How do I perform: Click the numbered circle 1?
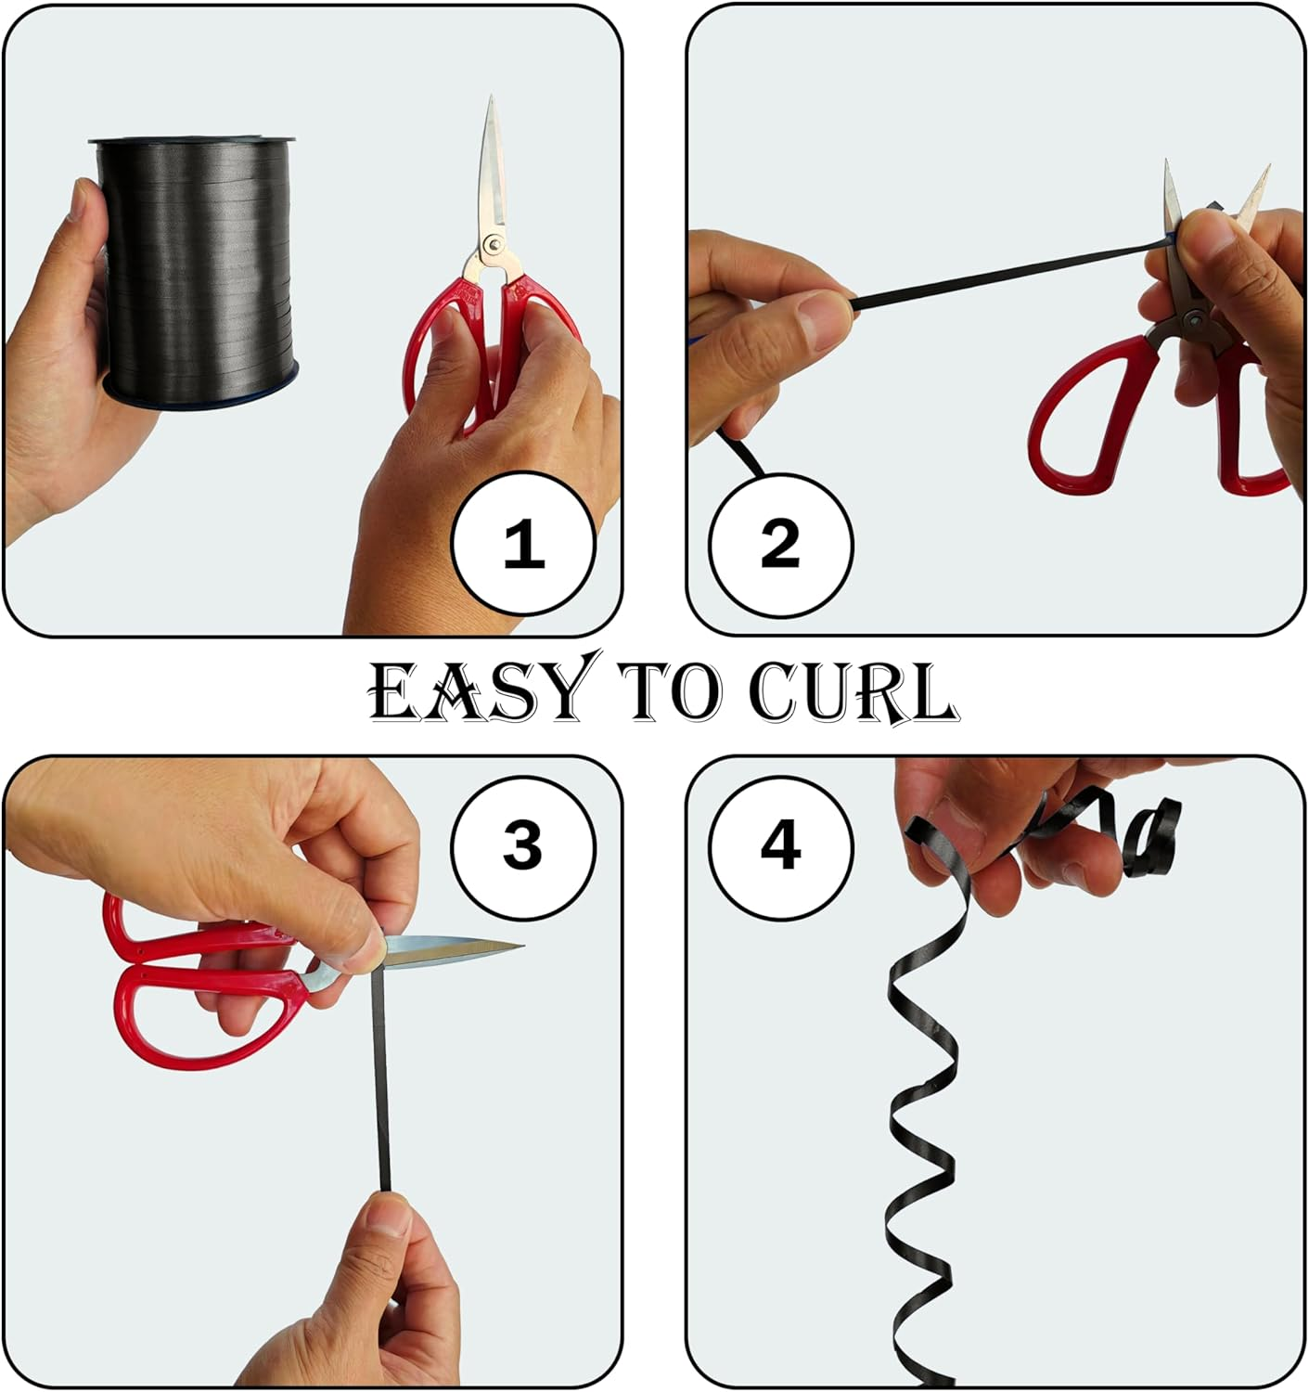(523, 544)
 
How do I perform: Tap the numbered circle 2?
(780, 544)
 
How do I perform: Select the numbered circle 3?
(523, 847)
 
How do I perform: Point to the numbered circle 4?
(780, 847)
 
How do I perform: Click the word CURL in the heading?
(853, 691)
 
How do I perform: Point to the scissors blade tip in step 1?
(492, 97)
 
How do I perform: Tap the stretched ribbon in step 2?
(1009, 275)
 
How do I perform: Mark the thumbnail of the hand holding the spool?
(79, 200)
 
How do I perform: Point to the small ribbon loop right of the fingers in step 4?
(1150, 835)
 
